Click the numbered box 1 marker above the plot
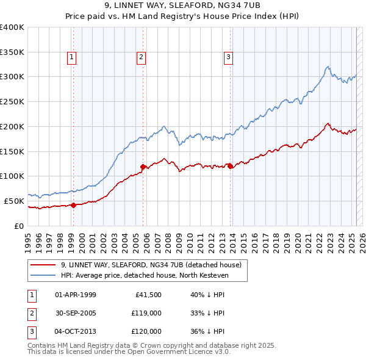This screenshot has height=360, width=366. tap(72, 58)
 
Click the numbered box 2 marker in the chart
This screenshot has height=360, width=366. tap(141, 58)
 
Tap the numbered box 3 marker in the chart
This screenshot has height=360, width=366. tap(228, 58)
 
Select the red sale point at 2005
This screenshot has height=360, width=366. tap(143, 167)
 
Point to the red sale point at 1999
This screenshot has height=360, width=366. tap(73, 205)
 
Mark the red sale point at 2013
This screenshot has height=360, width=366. tap(230, 166)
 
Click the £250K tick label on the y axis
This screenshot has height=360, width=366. tap(12, 101)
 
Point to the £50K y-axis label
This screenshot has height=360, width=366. tap(14, 201)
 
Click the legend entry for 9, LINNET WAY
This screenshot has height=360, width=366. tap(151, 265)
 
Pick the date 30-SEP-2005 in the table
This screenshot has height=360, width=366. tap(76, 313)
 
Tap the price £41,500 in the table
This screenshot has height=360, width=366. tap(146, 295)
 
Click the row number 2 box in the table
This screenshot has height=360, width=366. tap(30, 313)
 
